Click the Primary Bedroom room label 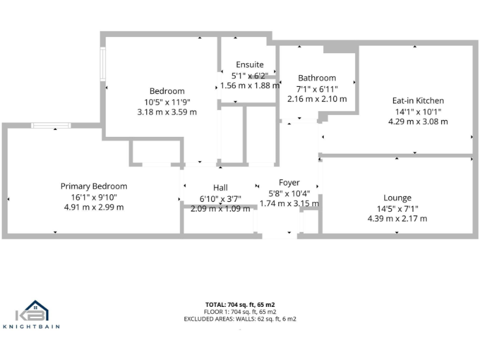point(94,186)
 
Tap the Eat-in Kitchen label point(417,101)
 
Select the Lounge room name point(397,197)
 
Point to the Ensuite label point(249,64)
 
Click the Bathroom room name point(317,78)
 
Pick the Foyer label point(289,182)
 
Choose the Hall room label point(220,187)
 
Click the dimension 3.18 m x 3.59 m point(167,112)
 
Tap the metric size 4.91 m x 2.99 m point(94,207)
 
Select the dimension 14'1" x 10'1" point(417,111)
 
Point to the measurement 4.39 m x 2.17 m point(397,219)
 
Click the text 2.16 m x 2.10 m point(317,99)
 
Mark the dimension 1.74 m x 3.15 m point(289,204)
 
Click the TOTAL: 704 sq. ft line point(240,304)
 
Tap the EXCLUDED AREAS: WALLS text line point(240,319)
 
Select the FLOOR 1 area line point(240,311)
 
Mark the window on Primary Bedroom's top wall point(51,126)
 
